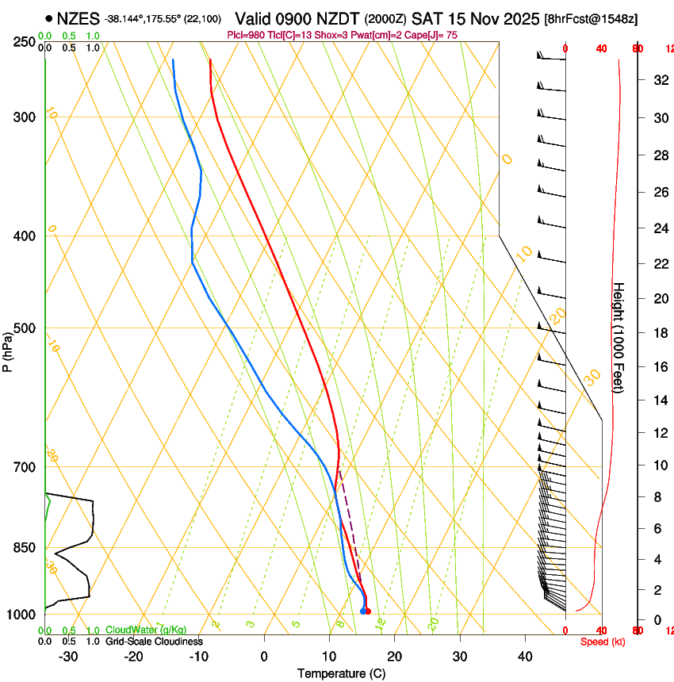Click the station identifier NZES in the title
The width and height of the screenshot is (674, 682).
point(78,17)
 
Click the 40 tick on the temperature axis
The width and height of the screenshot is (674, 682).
point(525,656)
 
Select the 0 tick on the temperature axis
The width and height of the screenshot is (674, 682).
point(264,656)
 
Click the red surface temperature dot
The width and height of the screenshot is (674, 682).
point(368,611)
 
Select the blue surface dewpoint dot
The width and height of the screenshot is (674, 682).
point(362,611)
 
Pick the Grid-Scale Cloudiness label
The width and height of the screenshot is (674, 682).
point(154,641)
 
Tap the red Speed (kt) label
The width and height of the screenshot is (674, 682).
point(603,642)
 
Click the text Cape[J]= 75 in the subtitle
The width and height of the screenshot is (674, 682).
point(432,35)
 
